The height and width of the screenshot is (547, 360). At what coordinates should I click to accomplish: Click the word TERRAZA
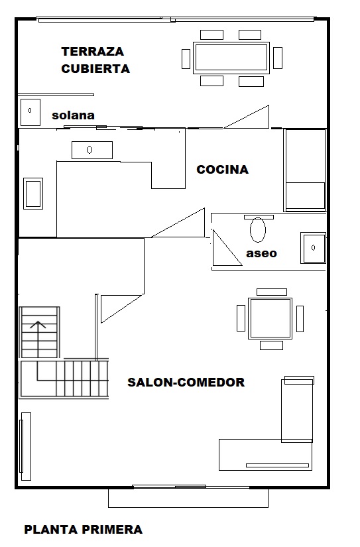tap(92, 52)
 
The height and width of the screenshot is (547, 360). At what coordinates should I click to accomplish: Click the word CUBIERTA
tap(95, 69)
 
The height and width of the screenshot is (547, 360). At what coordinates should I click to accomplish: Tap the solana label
tap(73, 115)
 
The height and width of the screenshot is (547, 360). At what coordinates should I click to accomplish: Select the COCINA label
tap(223, 170)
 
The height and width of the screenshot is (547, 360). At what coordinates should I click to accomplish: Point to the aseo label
tap(262, 253)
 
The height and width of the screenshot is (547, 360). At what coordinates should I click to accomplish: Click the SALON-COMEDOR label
tap(186, 383)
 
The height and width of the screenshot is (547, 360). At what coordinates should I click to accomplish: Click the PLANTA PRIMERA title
tap(84, 530)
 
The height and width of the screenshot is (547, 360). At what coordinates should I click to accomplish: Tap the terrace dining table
tap(231, 58)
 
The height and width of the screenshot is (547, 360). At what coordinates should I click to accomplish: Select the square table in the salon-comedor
tap(270, 318)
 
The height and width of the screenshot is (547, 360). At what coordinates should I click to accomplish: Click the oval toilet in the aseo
tap(258, 230)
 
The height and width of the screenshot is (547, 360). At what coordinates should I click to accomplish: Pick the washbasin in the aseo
tap(313, 248)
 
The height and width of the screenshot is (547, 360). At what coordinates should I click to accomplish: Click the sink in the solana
tap(30, 112)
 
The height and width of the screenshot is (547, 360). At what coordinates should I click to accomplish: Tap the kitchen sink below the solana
tap(92, 150)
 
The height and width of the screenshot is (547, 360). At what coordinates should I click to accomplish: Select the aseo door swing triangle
tap(227, 248)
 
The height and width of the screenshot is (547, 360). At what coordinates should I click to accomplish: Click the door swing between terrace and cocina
tap(247, 117)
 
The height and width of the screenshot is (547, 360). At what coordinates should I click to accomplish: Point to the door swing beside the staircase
tap(121, 309)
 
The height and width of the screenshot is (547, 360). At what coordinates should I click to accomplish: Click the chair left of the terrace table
tap(186, 59)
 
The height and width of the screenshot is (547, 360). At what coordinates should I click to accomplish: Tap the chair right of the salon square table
tap(300, 319)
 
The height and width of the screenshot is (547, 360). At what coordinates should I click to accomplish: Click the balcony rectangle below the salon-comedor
tap(188, 498)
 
